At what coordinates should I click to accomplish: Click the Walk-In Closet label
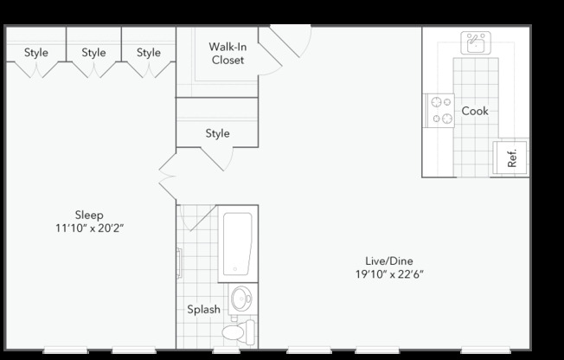227,53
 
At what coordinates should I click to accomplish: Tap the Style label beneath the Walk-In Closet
217,133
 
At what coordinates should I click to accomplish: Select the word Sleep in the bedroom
88,215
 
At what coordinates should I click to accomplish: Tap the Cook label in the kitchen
475,111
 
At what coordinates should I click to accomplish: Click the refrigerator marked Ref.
510,157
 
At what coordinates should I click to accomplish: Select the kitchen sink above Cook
475,42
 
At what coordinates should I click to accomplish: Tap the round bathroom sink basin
242,300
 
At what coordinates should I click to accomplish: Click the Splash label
203,309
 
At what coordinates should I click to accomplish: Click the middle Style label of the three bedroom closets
93,53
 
